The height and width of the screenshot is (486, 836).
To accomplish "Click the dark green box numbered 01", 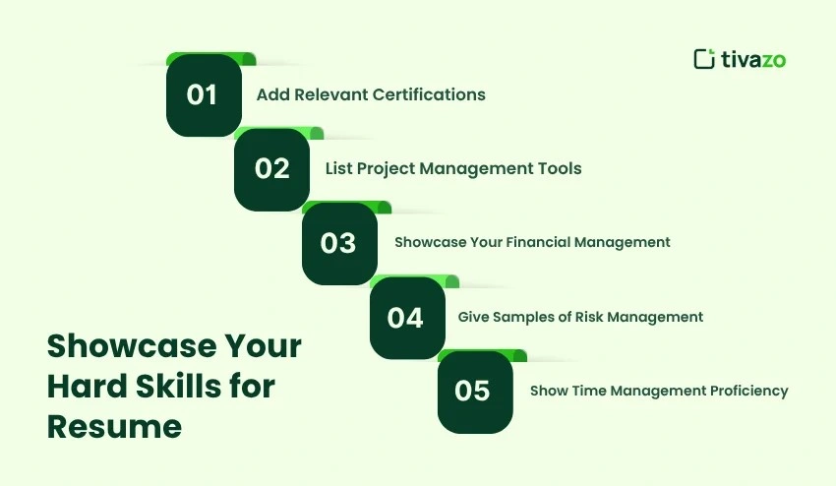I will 204,94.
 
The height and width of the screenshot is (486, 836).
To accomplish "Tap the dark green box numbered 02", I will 271,168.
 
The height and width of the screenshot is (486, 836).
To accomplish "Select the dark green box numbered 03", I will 339,243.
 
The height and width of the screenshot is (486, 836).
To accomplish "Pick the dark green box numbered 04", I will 406,317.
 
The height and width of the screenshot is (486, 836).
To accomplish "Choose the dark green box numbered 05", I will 474,391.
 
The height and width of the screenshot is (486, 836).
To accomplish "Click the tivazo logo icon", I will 703,59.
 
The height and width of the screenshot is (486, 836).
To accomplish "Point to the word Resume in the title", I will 114,426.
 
